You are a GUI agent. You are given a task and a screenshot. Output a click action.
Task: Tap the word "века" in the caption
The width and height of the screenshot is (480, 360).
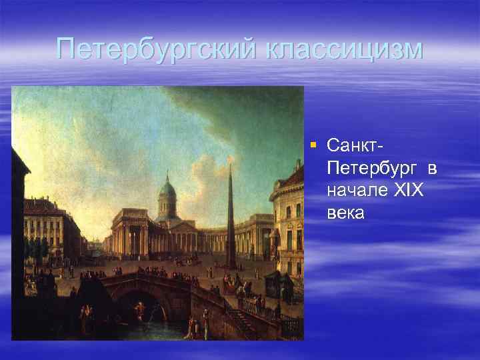[x=346, y=213]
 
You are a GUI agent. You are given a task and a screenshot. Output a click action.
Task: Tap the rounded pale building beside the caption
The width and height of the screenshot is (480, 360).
[x=287, y=220]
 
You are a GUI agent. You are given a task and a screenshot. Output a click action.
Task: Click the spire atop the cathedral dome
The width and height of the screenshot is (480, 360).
[x=166, y=175]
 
